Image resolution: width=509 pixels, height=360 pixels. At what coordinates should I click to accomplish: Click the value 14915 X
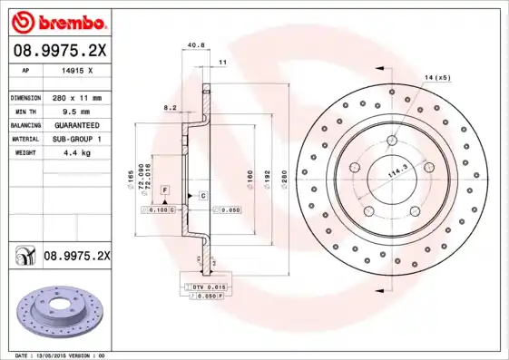point(78,70)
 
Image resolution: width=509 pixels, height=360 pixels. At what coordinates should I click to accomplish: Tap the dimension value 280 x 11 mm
point(77,97)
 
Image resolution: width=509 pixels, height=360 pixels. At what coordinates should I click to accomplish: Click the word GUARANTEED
point(77,125)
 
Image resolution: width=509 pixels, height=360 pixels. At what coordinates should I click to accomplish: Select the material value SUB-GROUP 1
point(77,139)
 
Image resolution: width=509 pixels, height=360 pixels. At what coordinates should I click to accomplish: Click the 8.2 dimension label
point(169,107)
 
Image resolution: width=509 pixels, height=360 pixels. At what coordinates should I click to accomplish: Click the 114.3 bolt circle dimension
point(398,168)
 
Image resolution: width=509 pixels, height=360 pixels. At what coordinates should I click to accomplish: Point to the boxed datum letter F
point(165,189)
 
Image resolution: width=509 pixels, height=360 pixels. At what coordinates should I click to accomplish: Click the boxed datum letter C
point(202,196)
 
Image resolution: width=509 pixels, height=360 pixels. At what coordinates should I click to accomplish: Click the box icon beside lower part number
point(23,257)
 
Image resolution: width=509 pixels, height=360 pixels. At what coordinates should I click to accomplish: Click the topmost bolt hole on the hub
point(391,141)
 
